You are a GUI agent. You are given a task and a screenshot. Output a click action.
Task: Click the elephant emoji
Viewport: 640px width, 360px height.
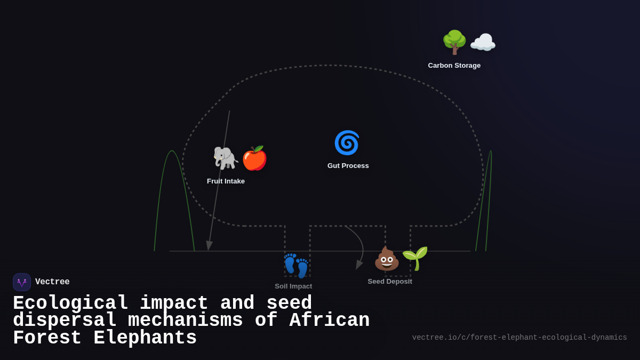click(x=226, y=158)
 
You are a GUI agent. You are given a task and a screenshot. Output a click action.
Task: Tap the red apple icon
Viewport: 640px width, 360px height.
click(x=254, y=158)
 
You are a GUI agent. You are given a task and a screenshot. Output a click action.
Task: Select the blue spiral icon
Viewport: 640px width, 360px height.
click(x=347, y=142)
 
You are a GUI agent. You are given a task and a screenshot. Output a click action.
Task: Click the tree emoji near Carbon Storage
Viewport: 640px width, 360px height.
click(x=454, y=42)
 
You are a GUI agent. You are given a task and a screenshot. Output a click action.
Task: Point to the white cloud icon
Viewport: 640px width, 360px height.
click(x=483, y=43)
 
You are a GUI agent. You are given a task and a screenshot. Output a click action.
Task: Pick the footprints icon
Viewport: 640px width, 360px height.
click(x=296, y=265)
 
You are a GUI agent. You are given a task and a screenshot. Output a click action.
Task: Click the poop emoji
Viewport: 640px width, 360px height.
click(x=387, y=259)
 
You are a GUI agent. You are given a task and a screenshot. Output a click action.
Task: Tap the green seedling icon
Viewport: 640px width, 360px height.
click(x=415, y=258)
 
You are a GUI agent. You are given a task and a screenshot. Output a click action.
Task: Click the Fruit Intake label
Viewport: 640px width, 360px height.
click(x=226, y=181)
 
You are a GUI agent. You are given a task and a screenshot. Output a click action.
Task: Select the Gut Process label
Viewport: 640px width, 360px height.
click(x=348, y=165)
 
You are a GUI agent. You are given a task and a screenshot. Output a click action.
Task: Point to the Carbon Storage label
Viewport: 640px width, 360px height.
click(x=454, y=65)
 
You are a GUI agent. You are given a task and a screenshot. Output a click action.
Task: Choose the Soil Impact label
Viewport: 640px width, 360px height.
click(x=293, y=286)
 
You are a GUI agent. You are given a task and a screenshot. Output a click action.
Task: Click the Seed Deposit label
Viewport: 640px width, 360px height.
click(x=390, y=281)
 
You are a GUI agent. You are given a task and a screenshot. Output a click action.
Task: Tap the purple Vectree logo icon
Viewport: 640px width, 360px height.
click(x=22, y=282)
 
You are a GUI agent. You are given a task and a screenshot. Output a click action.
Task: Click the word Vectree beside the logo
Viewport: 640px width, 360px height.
click(x=52, y=282)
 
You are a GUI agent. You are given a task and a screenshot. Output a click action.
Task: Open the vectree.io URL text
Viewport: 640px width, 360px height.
click(x=519, y=337)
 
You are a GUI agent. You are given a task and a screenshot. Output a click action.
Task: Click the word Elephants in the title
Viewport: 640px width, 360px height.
click(x=145, y=338)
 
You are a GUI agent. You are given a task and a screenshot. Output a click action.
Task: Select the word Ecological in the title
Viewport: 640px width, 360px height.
click(x=70, y=303)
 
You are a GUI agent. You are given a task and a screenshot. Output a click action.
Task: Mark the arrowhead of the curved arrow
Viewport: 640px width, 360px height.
click(x=358, y=265)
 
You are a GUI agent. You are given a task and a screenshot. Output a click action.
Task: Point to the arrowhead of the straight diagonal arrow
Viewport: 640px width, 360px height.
click(x=209, y=246)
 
